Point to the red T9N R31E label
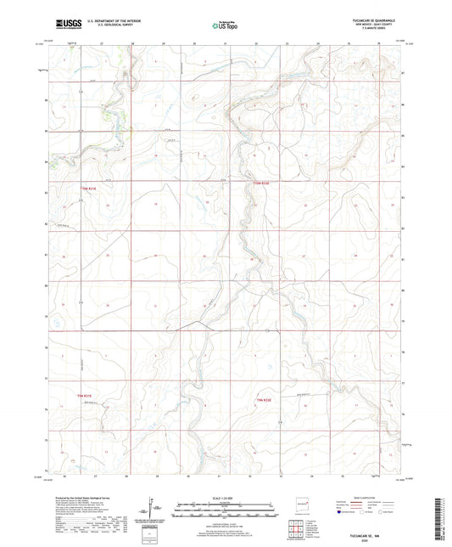(x=88, y=188)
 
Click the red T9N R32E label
(x=262, y=183)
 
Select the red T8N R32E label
(x=264, y=398)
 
